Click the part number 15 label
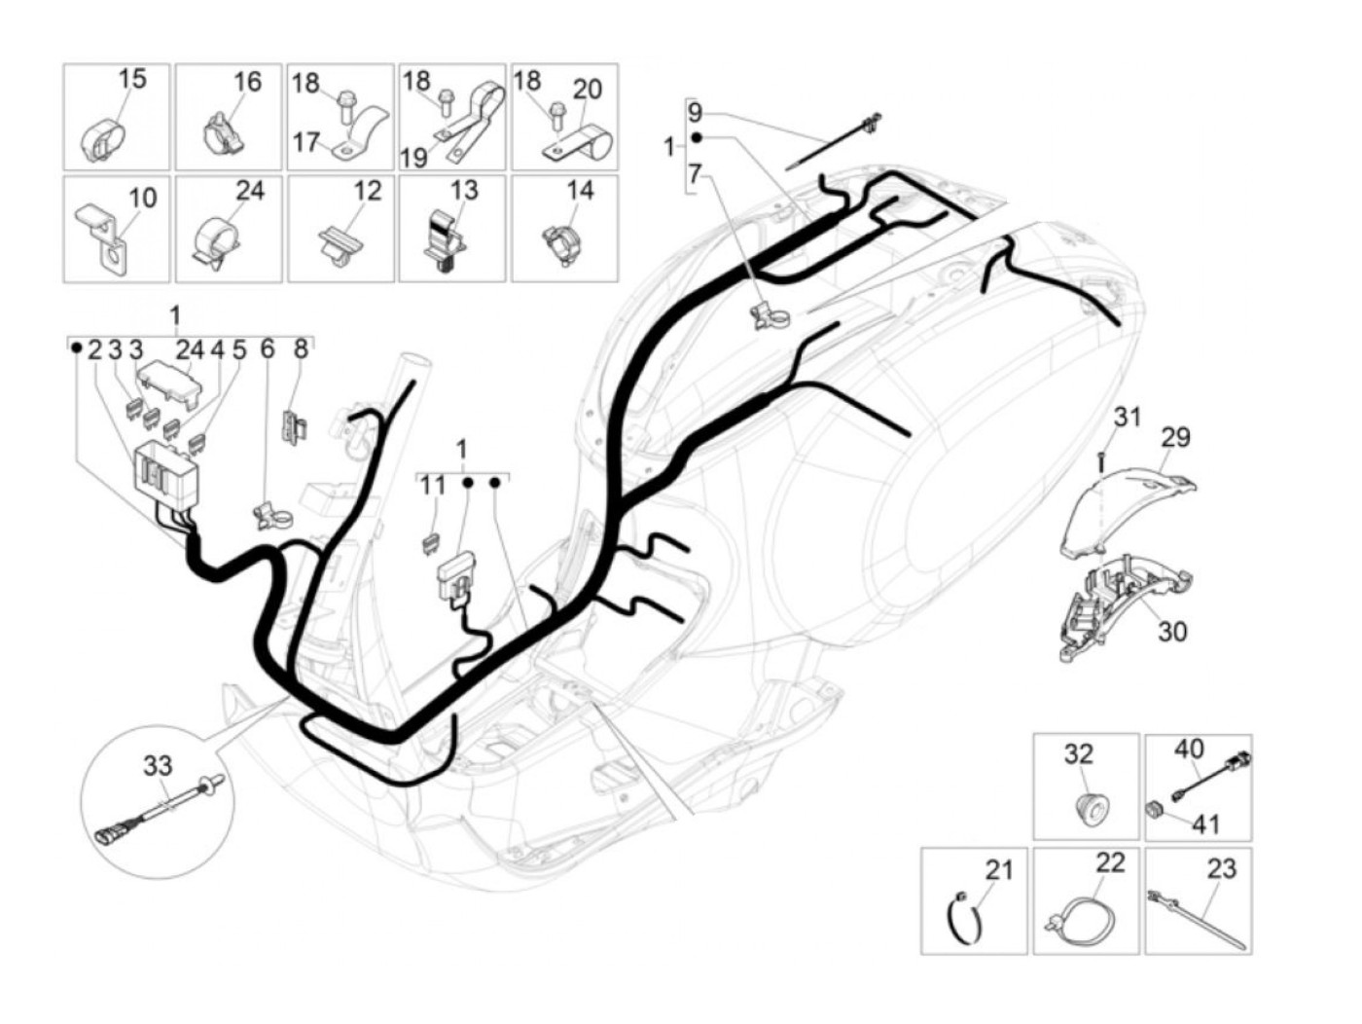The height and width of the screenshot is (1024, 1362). pyautogui.click(x=133, y=78)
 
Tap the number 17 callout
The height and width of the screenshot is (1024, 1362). pyautogui.click(x=305, y=142)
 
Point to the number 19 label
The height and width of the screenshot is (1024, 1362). pyautogui.click(x=414, y=156)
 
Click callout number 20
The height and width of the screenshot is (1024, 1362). pyautogui.click(x=587, y=90)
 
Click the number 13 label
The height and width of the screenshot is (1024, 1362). pyautogui.click(x=465, y=191)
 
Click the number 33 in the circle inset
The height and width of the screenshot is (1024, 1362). pyautogui.click(x=158, y=766)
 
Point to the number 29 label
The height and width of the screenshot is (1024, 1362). pyautogui.click(x=1175, y=437)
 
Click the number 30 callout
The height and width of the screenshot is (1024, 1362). pyautogui.click(x=1172, y=631)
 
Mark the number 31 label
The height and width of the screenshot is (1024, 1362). pyautogui.click(x=1127, y=417)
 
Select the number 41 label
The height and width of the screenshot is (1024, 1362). pyautogui.click(x=1206, y=824)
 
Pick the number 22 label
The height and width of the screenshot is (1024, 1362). pyautogui.click(x=1110, y=862)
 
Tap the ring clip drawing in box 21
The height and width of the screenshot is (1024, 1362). pyautogui.click(x=965, y=920)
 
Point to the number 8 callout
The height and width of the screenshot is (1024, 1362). pyautogui.click(x=301, y=348)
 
